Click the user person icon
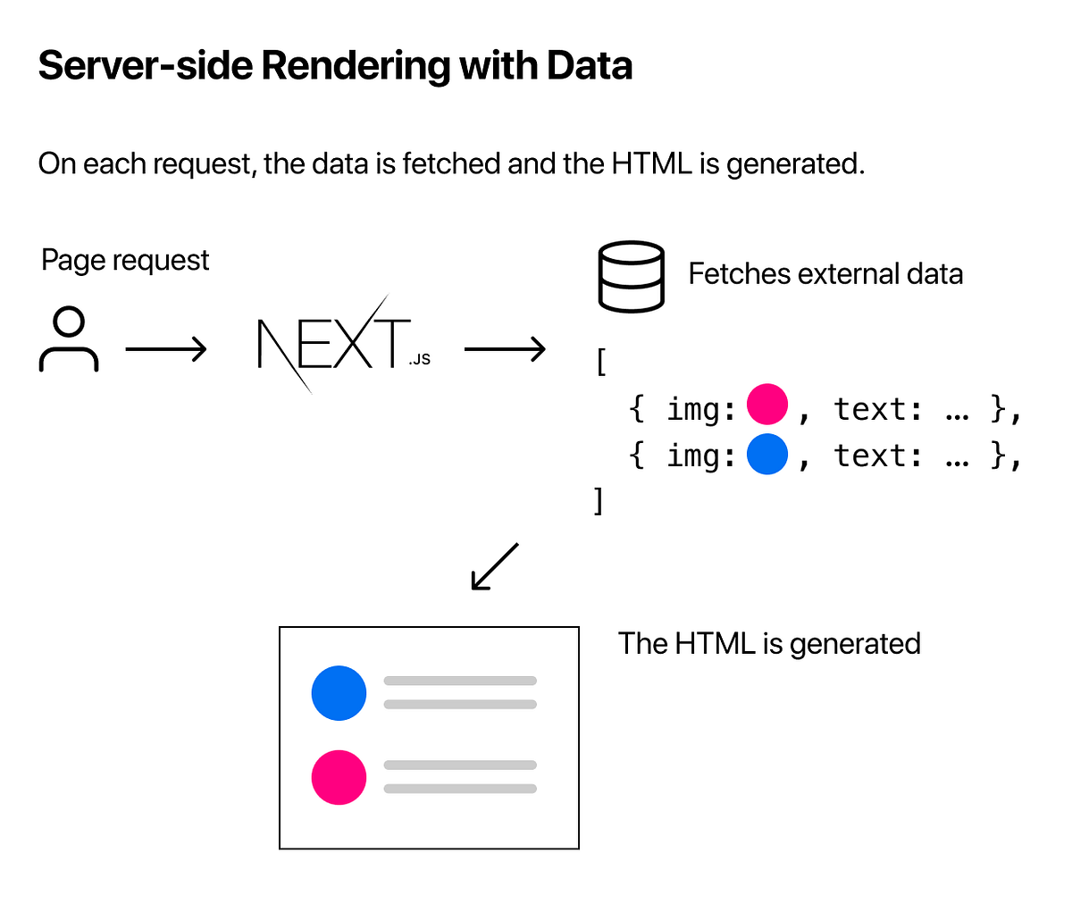pos(69,339)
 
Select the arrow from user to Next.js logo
pos(165,349)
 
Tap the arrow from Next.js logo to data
pos(505,349)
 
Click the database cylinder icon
pos(631,276)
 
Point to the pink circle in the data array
pos(767,404)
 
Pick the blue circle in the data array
pos(767,454)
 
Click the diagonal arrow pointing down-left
pos(494,566)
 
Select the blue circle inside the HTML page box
pos(339,693)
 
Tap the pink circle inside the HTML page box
pos(339,777)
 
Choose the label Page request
pos(125,261)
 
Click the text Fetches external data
pos(825,274)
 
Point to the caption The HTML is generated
pos(769,644)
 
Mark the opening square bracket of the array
pos(601,363)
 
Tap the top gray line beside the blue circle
pos(460,681)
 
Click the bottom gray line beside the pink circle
pos(460,789)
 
